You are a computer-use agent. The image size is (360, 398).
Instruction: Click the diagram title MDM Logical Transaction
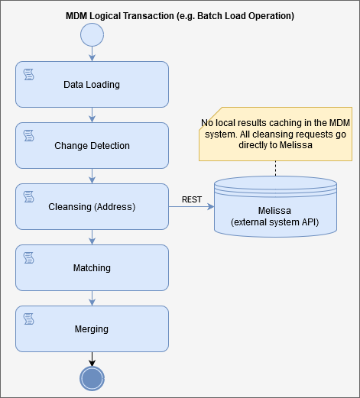click(180, 15)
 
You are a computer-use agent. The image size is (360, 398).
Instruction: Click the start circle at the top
click(92, 34)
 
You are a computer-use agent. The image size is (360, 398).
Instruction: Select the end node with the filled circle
click(92, 378)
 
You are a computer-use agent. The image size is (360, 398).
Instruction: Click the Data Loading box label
click(92, 84)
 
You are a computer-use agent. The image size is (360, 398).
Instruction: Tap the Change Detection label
click(92, 145)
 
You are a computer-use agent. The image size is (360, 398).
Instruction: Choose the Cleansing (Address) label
click(92, 206)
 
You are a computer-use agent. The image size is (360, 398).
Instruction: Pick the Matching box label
click(92, 268)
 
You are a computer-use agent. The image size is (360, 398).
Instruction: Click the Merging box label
click(92, 329)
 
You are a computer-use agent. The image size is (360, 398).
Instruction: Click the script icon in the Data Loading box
click(28, 73)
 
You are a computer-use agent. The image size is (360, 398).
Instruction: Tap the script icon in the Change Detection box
click(28, 134)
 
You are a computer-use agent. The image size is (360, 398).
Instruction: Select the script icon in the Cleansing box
click(28, 196)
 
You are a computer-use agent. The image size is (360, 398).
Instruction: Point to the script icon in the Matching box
click(28, 257)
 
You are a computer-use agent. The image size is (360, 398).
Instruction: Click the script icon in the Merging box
click(28, 318)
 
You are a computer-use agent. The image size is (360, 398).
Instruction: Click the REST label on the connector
click(191, 200)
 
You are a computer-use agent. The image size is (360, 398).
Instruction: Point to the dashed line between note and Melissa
click(275, 168)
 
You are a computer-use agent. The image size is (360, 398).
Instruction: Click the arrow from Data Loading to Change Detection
click(92, 115)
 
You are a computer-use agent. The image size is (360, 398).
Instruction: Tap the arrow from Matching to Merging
click(92, 298)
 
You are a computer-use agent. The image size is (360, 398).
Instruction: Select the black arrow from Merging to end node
click(92, 358)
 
